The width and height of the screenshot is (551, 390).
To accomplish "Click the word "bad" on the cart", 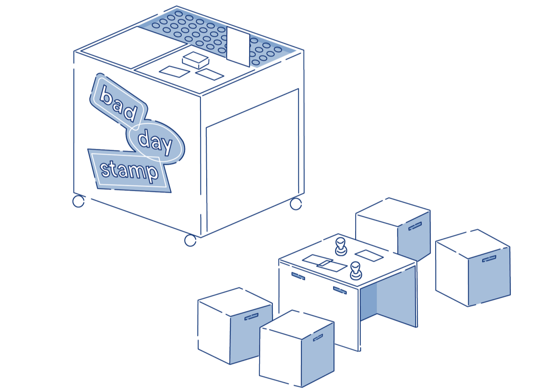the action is (x=118, y=104).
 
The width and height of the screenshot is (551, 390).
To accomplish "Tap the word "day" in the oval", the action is (x=155, y=143).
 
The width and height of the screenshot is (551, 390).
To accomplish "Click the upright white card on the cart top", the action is (x=238, y=47).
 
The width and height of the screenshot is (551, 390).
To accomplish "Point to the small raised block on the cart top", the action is (x=195, y=60).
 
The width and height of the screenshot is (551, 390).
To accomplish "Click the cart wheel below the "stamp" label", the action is (x=79, y=201).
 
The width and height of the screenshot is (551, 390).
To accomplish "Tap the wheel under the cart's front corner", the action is (x=190, y=241).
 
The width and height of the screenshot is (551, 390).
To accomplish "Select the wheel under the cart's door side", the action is (x=296, y=204).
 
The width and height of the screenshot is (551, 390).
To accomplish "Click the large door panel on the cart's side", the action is (x=252, y=160).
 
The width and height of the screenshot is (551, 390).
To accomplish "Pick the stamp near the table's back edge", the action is (x=341, y=247).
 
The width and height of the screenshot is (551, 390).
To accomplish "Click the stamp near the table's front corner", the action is (x=356, y=271).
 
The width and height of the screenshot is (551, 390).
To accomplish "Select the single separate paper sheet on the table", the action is (x=369, y=255).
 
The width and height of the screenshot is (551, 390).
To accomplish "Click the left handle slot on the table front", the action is (x=298, y=276).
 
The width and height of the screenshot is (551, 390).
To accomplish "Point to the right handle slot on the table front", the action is (x=340, y=290).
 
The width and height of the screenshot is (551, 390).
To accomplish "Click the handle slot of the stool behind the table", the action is (x=415, y=226).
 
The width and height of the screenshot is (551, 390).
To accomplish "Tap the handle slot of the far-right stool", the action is (x=489, y=259).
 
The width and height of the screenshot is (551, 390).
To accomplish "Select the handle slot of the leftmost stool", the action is (x=252, y=317).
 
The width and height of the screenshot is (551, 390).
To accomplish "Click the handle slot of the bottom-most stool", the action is (x=318, y=337).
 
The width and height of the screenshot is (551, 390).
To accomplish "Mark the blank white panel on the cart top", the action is (x=133, y=47).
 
